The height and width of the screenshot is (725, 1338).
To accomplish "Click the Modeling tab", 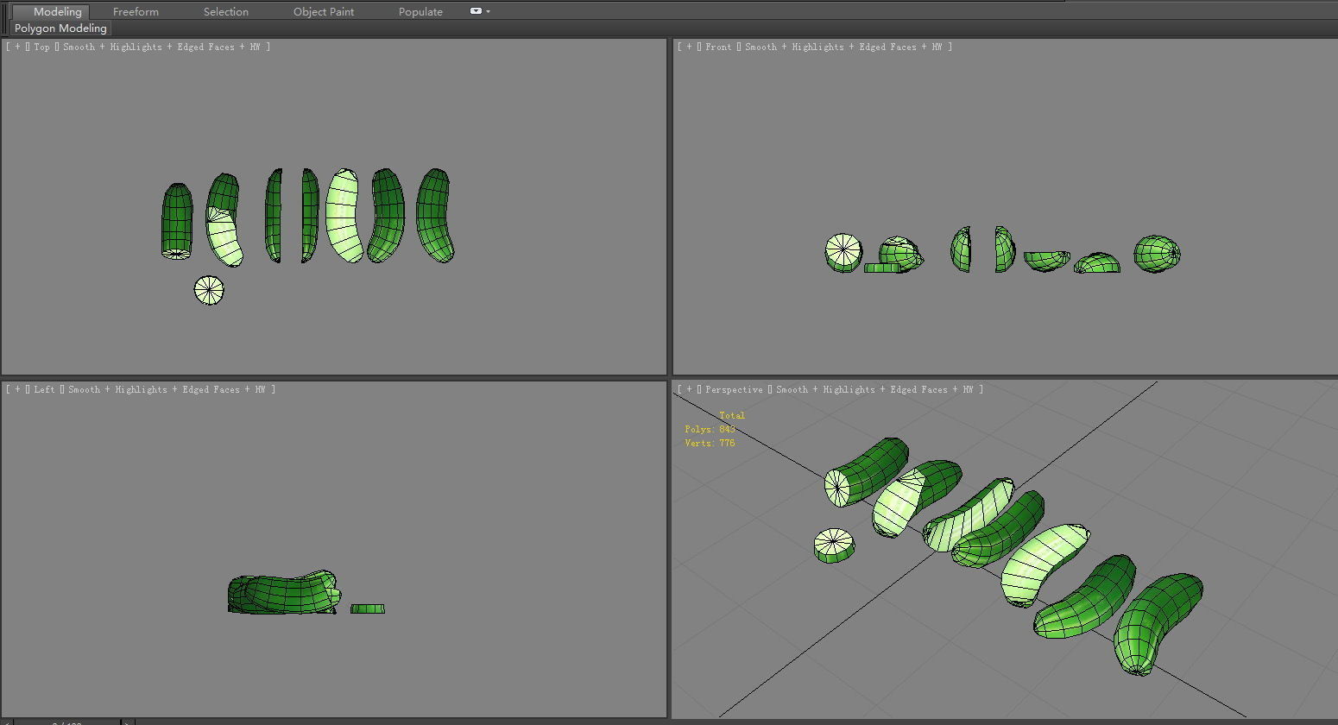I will pyautogui.click(x=57, y=11).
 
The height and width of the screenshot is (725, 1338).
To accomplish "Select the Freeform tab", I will pyautogui.click(x=136, y=11).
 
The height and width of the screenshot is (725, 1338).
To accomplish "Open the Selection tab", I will pyautogui.click(x=225, y=11).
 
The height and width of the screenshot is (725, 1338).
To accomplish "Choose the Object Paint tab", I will pyautogui.click(x=324, y=11).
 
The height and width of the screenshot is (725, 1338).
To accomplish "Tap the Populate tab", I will pyautogui.click(x=420, y=11).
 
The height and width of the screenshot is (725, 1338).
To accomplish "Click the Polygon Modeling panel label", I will pyautogui.click(x=60, y=28).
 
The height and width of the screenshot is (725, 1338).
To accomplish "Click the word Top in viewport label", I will pyautogui.click(x=41, y=47).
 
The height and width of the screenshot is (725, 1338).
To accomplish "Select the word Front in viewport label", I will pyautogui.click(x=718, y=47).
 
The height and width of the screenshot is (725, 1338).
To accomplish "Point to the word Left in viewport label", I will pyautogui.click(x=44, y=389).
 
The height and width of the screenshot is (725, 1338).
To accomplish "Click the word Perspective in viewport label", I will pyautogui.click(x=734, y=389).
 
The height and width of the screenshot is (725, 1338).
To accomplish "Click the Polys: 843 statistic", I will pyautogui.click(x=710, y=429).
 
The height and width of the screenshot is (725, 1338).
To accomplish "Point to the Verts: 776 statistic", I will pyautogui.click(x=710, y=443).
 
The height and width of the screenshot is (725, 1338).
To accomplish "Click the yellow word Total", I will pyautogui.click(x=732, y=415).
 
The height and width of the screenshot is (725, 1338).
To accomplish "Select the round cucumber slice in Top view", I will pyautogui.click(x=209, y=290).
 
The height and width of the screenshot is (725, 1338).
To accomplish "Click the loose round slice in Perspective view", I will pyautogui.click(x=834, y=545).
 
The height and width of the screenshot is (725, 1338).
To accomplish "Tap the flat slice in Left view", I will pyautogui.click(x=368, y=608).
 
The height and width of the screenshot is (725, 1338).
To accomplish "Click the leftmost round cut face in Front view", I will pyautogui.click(x=843, y=252).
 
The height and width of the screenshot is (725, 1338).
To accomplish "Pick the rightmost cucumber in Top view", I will pyautogui.click(x=435, y=216).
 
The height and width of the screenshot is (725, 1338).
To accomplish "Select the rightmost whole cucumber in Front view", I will pyautogui.click(x=1157, y=254).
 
